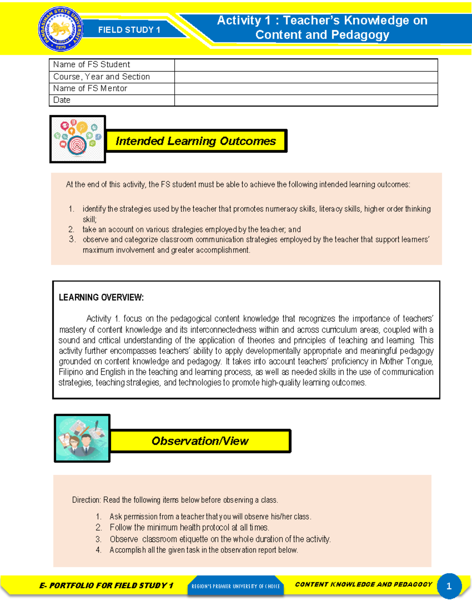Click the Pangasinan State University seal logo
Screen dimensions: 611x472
click(61, 30)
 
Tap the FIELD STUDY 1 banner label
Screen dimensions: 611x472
click(129, 30)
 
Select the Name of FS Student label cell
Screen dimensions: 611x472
click(92, 65)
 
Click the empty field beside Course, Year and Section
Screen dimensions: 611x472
click(306, 77)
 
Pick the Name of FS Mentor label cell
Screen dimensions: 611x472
click(90, 89)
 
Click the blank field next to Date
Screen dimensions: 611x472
click(306, 100)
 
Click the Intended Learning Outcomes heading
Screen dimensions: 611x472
click(195, 141)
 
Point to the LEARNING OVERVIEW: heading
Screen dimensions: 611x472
click(101, 297)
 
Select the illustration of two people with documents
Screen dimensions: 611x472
click(82, 438)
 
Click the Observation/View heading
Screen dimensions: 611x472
click(200, 441)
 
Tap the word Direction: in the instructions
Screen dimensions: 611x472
click(87, 500)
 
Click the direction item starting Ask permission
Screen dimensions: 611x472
click(210, 517)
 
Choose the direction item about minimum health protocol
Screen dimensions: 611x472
click(189, 528)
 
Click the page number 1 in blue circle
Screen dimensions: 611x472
click(449, 586)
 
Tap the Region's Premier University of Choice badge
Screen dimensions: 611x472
click(236, 586)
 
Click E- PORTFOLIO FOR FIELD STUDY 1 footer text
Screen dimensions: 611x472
click(106, 585)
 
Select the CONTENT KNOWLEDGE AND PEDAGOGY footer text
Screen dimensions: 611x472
click(363, 585)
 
